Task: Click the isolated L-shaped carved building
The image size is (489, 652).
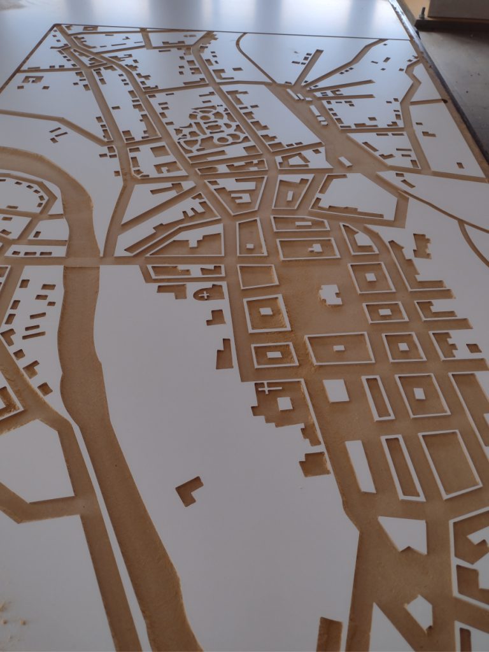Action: click(x=188, y=490)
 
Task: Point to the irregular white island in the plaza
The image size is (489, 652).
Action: click(x=330, y=294)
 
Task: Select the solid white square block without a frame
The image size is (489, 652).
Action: click(x=336, y=390)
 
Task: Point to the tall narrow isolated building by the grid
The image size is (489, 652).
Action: click(x=225, y=355)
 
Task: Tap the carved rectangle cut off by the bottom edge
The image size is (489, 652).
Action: click(x=329, y=634)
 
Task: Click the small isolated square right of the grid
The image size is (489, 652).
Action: click(x=473, y=348)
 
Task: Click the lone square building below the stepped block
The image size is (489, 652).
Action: click(x=314, y=464)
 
